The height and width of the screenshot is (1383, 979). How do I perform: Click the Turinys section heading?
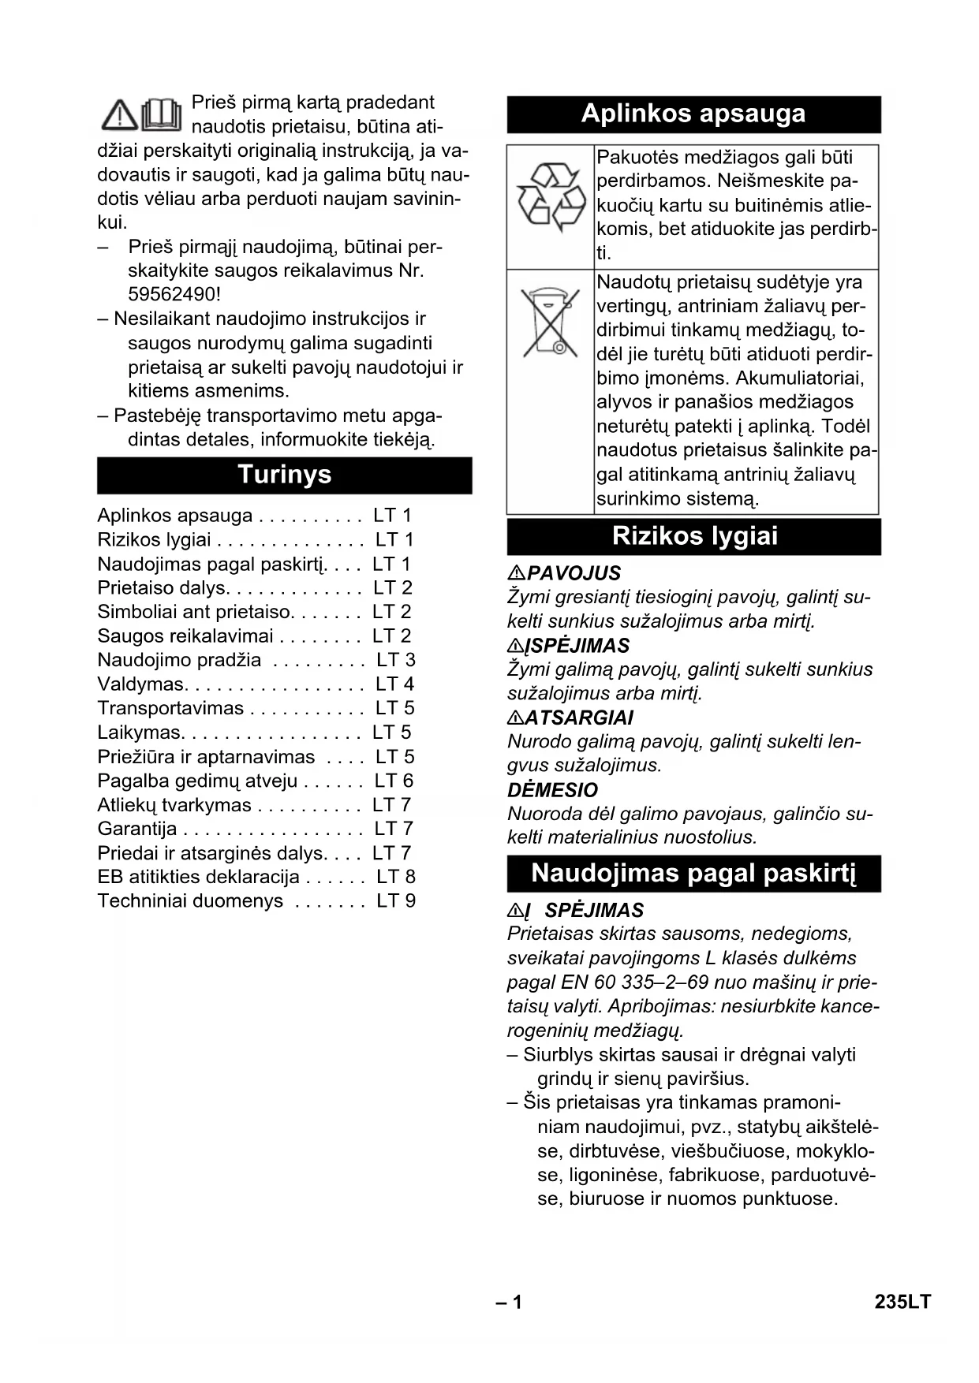(x=284, y=475)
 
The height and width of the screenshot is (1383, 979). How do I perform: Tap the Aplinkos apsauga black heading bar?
(x=693, y=114)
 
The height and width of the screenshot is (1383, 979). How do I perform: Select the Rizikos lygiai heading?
(x=694, y=536)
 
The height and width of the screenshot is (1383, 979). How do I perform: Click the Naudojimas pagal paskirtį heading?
(x=693, y=874)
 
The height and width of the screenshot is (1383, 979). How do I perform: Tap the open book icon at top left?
(x=162, y=114)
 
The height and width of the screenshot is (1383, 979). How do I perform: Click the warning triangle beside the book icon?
(x=119, y=115)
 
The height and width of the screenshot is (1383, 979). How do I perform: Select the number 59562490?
(x=174, y=295)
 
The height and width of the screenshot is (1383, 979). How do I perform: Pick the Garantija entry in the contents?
(x=137, y=829)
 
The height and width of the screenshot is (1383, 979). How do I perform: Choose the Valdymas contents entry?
(x=141, y=684)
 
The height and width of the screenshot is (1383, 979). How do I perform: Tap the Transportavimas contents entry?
(x=170, y=708)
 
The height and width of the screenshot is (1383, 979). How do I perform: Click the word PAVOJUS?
(x=574, y=573)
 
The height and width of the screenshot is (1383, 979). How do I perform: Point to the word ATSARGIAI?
(x=578, y=718)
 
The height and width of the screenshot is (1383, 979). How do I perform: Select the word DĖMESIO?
(x=552, y=790)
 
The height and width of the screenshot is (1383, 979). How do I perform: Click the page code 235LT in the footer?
(x=902, y=1303)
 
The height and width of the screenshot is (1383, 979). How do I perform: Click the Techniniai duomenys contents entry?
(x=190, y=901)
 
